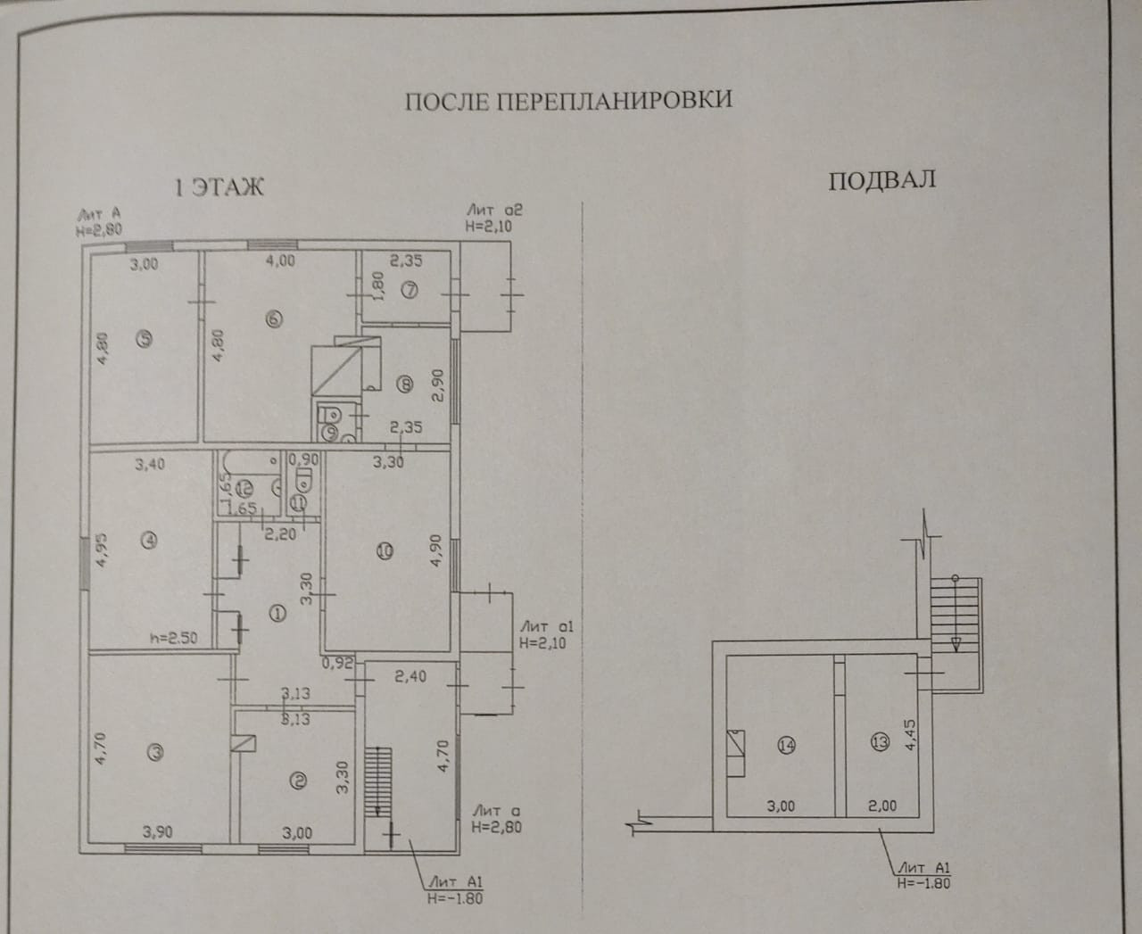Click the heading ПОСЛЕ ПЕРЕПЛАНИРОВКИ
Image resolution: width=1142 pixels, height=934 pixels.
[569, 99]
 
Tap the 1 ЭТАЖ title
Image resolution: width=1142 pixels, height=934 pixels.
[219, 187]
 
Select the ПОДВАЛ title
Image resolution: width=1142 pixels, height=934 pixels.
[881, 180]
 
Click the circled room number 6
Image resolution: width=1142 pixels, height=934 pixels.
[274, 319]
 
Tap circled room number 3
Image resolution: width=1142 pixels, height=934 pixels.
[155, 753]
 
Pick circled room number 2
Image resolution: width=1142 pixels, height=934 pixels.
[299, 781]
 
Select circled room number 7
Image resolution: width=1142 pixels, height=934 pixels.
[410, 288]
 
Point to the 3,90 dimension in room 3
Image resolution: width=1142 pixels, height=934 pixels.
[156, 832]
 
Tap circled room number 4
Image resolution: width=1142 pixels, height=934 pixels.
[149, 539]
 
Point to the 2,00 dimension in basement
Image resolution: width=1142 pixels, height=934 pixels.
[882, 806]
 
